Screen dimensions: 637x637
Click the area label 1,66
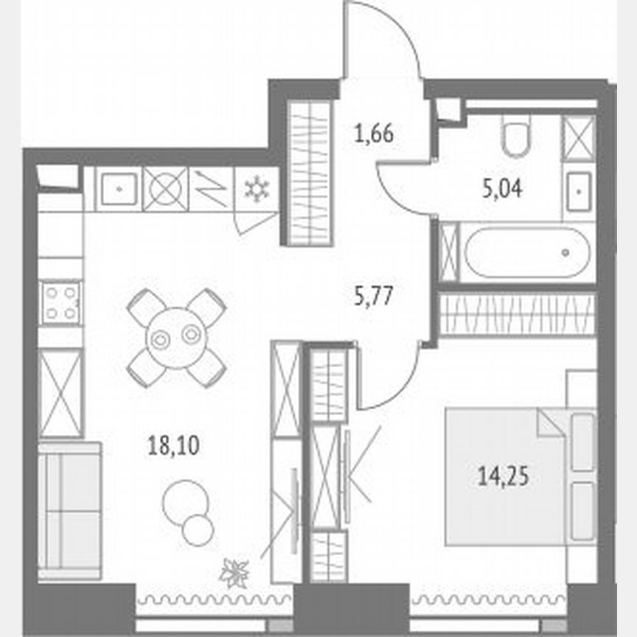coord(374,135)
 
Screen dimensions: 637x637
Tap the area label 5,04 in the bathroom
coord(501,190)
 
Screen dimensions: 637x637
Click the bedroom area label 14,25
coord(504,477)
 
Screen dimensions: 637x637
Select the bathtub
coord(526,251)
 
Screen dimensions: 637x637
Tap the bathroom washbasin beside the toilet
coord(579,191)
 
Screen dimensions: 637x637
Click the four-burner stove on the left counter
coord(60,302)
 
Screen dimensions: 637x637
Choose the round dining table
coord(176,337)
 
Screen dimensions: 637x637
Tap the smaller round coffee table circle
coord(198,529)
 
